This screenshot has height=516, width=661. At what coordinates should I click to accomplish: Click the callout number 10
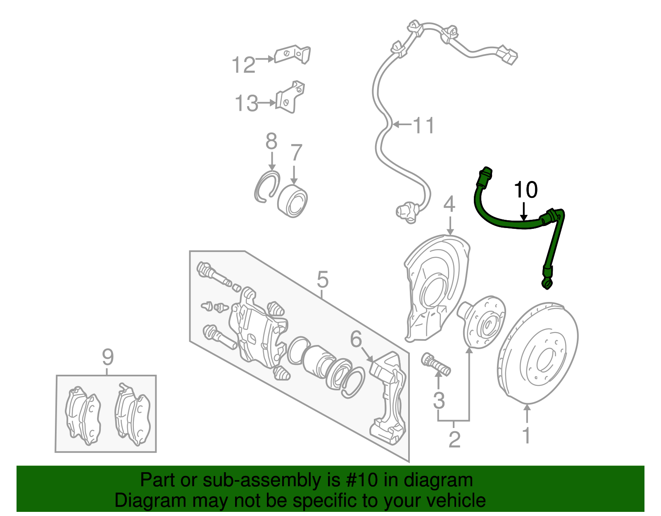tap(525, 190)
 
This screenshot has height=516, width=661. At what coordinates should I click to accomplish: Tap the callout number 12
tap(243, 65)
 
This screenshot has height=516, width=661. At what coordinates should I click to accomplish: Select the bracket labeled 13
tap(290, 97)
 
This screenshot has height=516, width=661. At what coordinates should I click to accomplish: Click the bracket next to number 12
tap(292, 55)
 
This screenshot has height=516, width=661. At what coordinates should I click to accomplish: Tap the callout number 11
tap(424, 125)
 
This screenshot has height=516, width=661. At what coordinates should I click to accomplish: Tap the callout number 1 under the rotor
tap(526, 435)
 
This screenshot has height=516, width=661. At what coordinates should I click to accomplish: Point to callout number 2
tap(454, 439)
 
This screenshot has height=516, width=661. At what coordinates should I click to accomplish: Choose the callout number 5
tap(323, 280)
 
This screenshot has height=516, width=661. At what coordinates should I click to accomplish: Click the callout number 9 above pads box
tap(107, 357)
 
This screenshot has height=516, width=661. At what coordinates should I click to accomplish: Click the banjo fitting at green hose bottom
tap(547, 283)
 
